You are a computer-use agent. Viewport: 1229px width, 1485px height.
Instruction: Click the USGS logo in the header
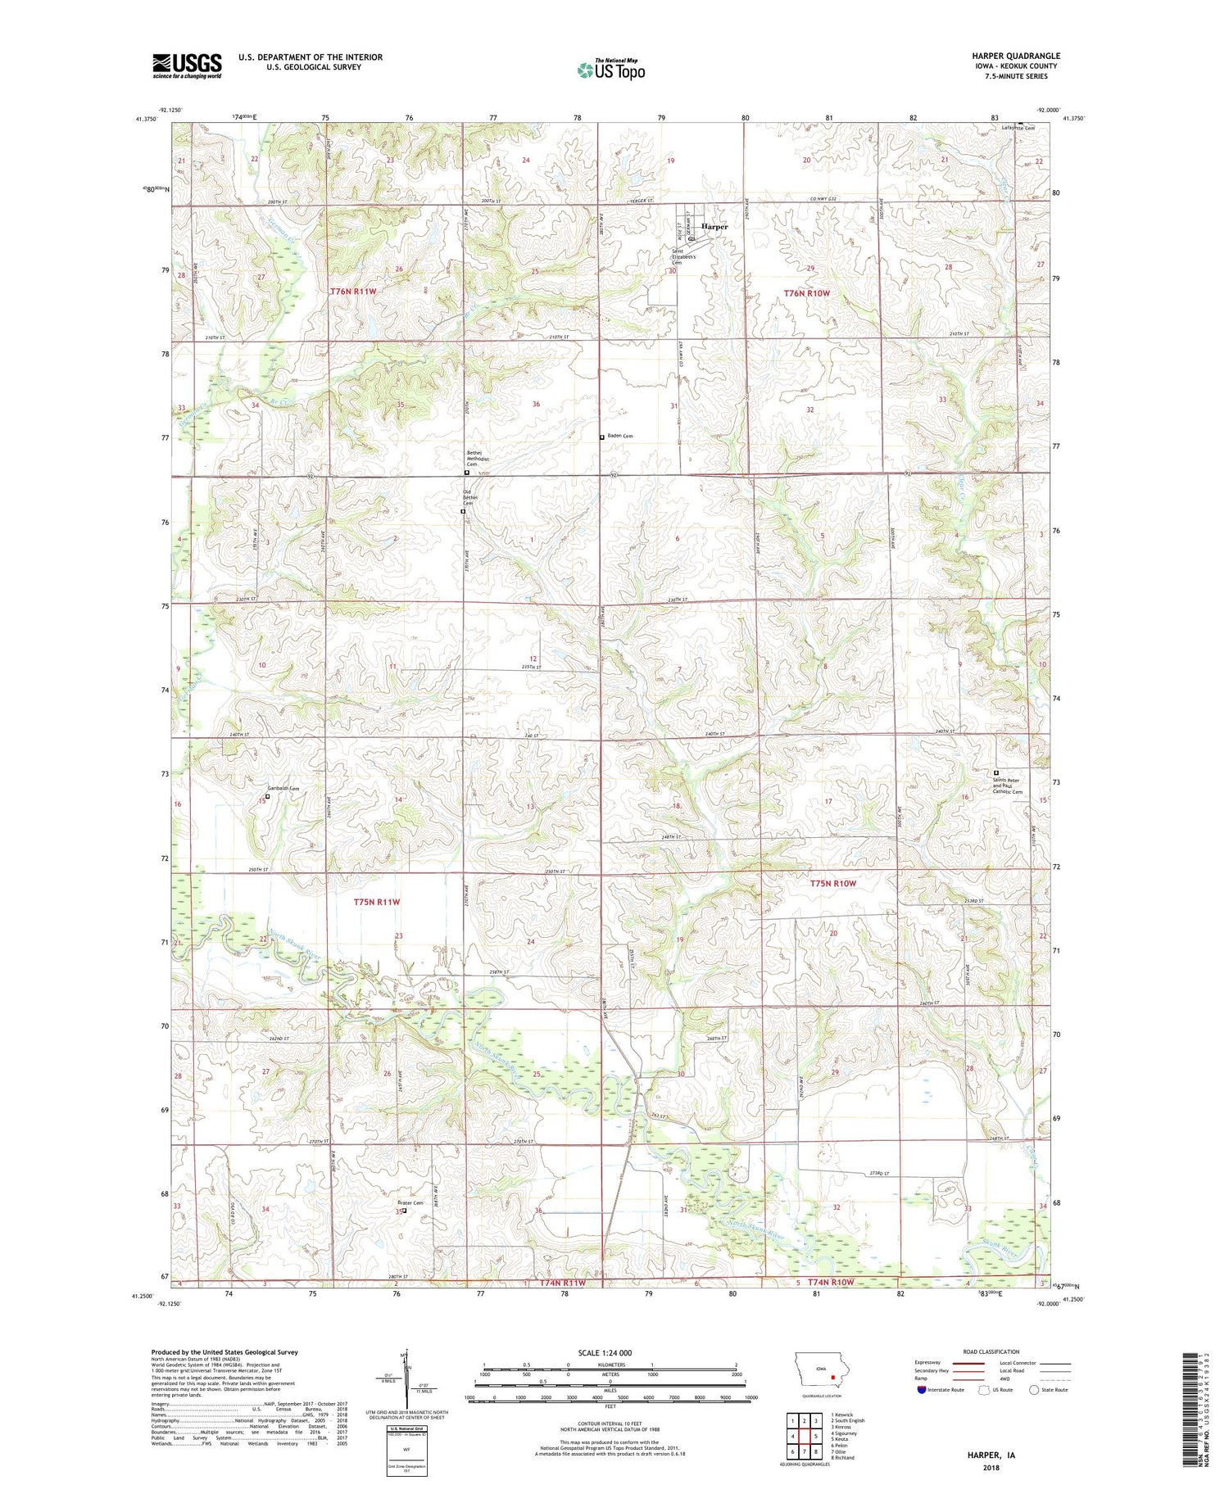(x=187, y=66)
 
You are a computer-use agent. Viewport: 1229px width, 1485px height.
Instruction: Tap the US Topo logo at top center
(x=611, y=70)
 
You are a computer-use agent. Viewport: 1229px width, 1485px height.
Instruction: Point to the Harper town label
(x=714, y=226)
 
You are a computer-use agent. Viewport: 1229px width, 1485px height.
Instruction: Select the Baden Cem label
(x=621, y=437)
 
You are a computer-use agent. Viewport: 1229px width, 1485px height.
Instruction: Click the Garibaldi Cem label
(x=283, y=788)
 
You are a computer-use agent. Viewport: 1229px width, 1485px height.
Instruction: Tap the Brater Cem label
(x=410, y=1202)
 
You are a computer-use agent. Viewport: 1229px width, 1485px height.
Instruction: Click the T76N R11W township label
(x=354, y=291)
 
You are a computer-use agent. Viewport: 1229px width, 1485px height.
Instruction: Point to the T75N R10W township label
(x=832, y=883)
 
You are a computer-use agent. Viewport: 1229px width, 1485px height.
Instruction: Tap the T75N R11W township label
(x=377, y=901)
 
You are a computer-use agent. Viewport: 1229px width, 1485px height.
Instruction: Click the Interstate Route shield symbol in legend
(x=920, y=1389)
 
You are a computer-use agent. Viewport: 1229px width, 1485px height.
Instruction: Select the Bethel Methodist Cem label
(x=478, y=459)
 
